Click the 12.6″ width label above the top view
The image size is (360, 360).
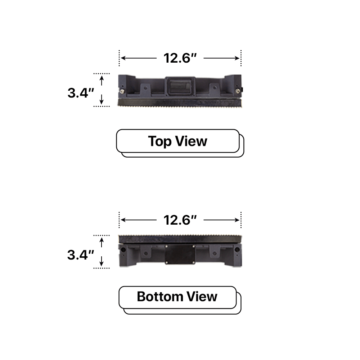click(180, 58)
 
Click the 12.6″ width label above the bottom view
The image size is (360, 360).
click(180, 220)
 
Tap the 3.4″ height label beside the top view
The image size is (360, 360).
click(81, 93)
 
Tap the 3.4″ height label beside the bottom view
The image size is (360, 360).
click(81, 255)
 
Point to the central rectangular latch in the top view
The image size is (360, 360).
click(180, 87)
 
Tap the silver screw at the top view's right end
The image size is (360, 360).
click(237, 91)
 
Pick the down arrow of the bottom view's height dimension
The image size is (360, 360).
click(102, 262)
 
